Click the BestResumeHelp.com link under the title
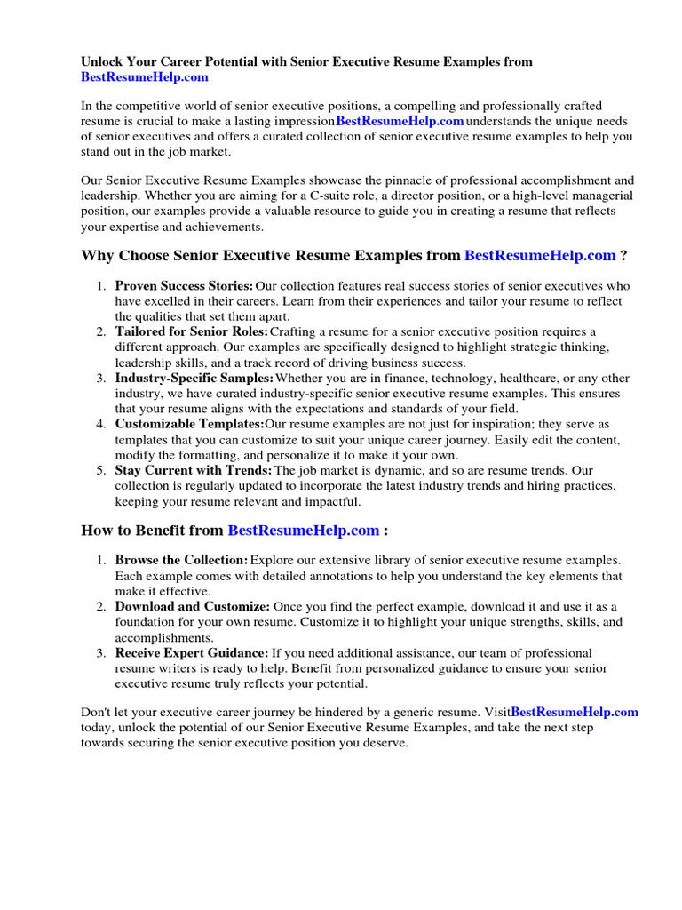[x=145, y=77]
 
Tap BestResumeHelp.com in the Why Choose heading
[x=540, y=256]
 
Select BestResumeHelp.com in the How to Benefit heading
[x=304, y=531]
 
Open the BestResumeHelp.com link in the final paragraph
[x=575, y=712]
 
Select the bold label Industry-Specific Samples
[x=194, y=379]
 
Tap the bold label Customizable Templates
[x=189, y=424]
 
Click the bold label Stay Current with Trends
[x=194, y=470]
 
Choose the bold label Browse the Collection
[x=181, y=561]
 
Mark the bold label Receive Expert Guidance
[x=192, y=652]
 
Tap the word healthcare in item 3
[x=527, y=379]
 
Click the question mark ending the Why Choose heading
[x=624, y=256]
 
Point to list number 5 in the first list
[x=100, y=470]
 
